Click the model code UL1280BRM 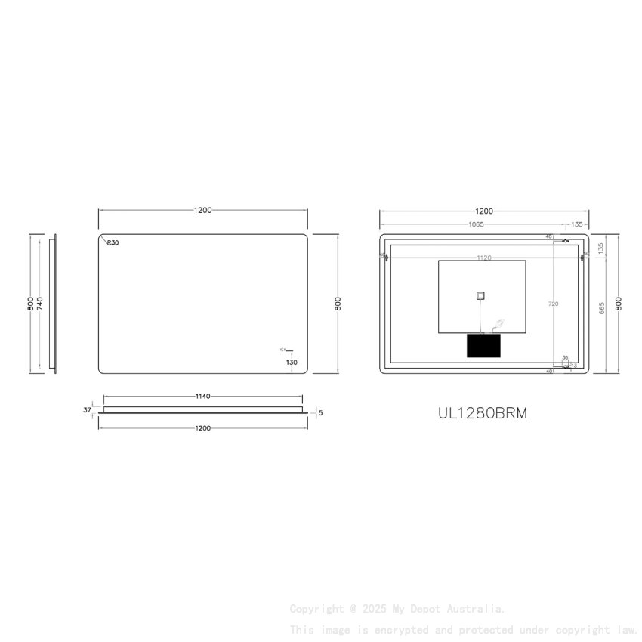pyautogui.click(x=483, y=413)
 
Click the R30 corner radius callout pyautogui.click(x=113, y=243)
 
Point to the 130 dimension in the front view pyautogui.click(x=292, y=363)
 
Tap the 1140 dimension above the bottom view pyautogui.click(x=202, y=396)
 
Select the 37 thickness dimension pyautogui.click(x=87, y=410)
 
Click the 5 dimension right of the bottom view pyautogui.click(x=321, y=413)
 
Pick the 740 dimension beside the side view pyautogui.click(x=40, y=304)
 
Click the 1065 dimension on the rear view pyautogui.click(x=476, y=224)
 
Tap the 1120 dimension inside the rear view pyautogui.click(x=483, y=258)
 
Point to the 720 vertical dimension pyautogui.click(x=553, y=304)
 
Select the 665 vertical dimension pyautogui.click(x=602, y=308)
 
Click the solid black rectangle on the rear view pyautogui.click(x=483, y=346)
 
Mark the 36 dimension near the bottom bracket pyautogui.click(x=565, y=358)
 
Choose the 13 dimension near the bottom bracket pyautogui.click(x=574, y=366)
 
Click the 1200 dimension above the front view pyautogui.click(x=202, y=211)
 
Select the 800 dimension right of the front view pyautogui.click(x=338, y=304)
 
